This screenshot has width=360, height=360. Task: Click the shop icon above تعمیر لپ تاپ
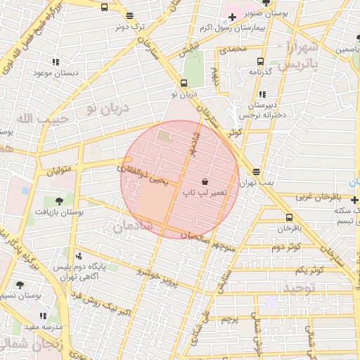click(x=205, y=181)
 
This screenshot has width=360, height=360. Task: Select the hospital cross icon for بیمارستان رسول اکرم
click(x=232, y=16)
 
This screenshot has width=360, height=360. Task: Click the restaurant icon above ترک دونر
click(x=129, y=15)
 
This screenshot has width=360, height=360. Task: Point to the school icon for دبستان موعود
click(x=56, y=61)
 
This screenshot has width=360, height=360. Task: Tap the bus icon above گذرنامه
click(x=261, y=61)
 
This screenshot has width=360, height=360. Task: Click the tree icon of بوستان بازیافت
click(x=59, y=201)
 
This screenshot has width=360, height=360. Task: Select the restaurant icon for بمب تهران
click(x=257, y=172)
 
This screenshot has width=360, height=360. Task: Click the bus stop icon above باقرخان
click(x=289, y=217)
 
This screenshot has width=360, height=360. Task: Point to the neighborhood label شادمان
click(x=131, y=225)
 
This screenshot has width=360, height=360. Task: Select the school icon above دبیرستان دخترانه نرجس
click(x=262, y=94)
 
